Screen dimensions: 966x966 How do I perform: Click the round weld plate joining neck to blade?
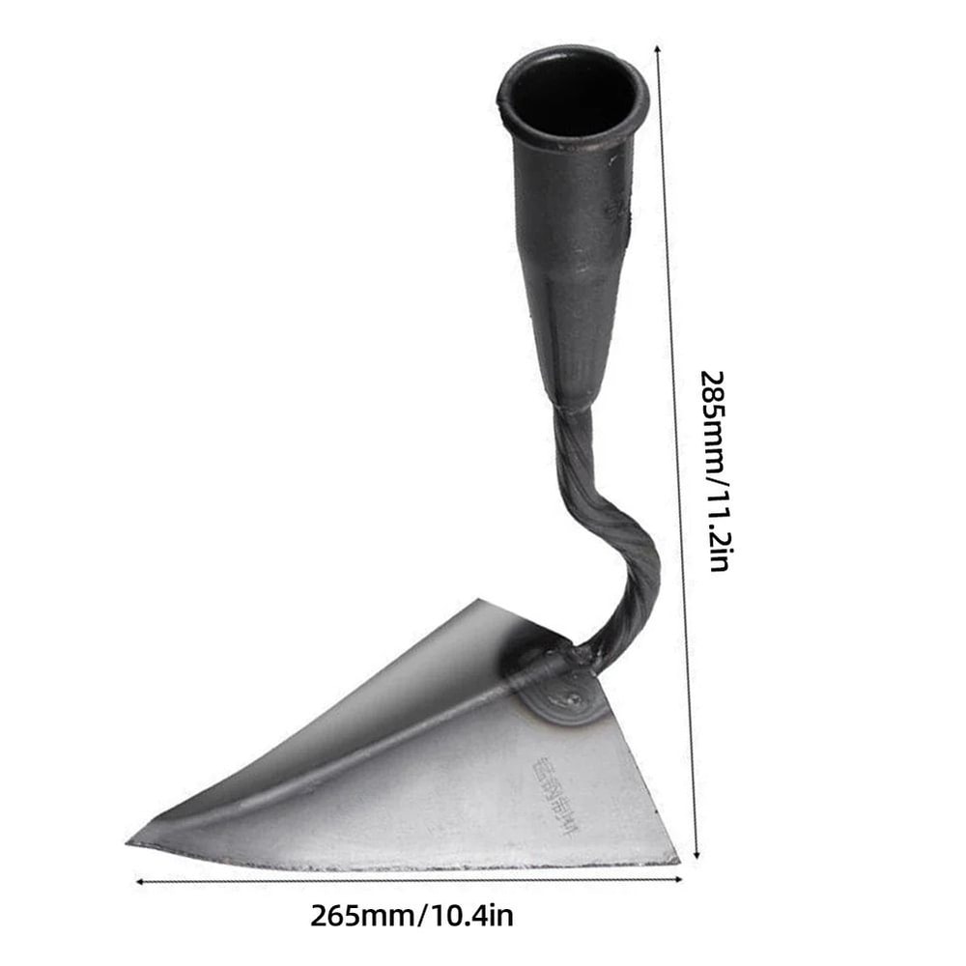coord(570,688)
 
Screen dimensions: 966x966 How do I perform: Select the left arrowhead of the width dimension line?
coord(141,881)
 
